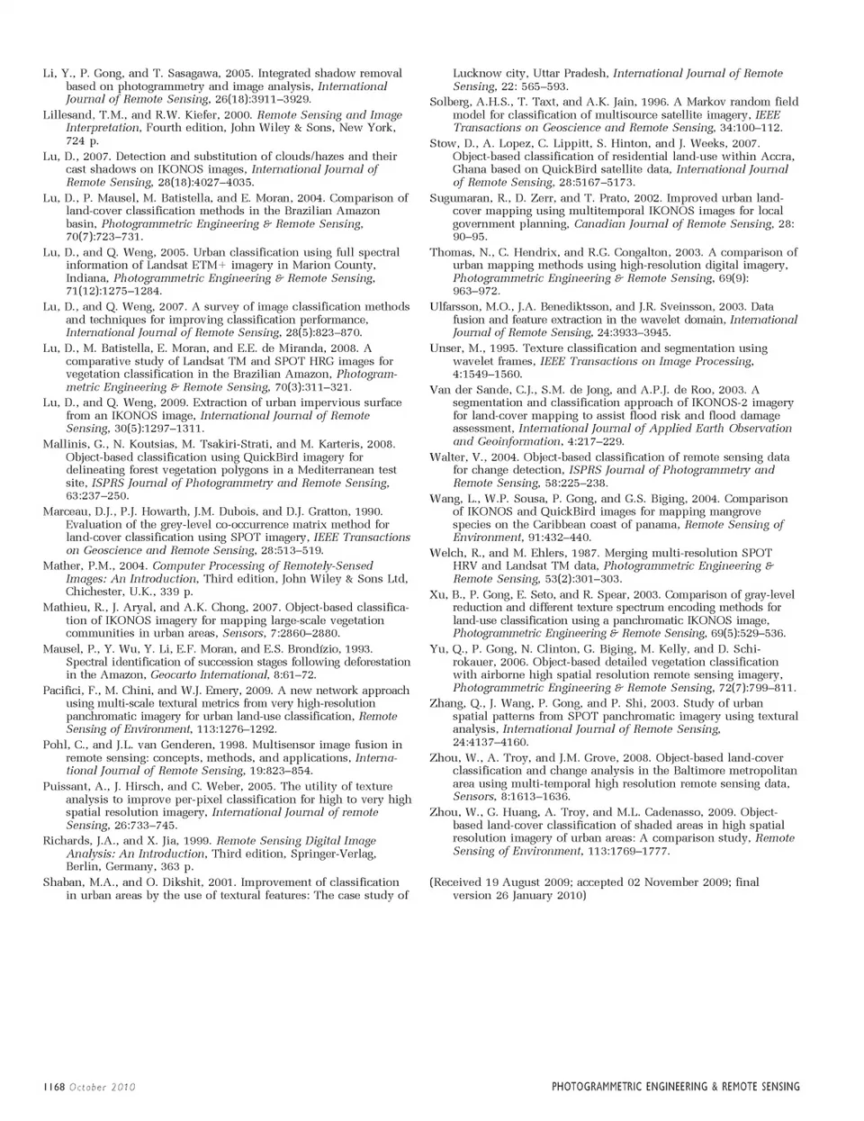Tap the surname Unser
click(447, 348)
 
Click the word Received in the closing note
click(461, 882)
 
